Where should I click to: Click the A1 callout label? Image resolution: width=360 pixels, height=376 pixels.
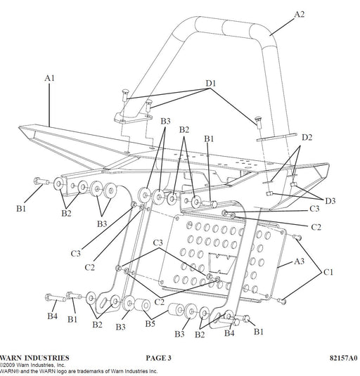50,78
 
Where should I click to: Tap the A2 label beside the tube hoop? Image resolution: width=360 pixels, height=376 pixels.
300,14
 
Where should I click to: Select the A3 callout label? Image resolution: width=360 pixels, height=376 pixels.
300,261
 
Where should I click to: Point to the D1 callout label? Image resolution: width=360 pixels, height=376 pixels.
211,84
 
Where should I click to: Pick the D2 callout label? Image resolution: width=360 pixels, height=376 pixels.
307,138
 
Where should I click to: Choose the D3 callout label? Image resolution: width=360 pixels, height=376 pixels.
330,201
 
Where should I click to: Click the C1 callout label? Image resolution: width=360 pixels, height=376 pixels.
328,272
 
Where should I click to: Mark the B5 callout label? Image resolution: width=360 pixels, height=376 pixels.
150,324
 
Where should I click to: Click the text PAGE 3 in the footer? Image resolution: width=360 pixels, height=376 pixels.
158,358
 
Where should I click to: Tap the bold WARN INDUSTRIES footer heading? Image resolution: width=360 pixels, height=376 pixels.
34,358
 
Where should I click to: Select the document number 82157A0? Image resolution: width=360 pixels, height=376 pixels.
343,358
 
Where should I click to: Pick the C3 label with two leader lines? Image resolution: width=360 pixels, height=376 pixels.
157,243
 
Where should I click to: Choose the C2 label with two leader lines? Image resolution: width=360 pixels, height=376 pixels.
159,302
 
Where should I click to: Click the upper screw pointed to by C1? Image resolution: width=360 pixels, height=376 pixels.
297,238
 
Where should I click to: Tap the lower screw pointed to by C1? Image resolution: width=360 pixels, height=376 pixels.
282,302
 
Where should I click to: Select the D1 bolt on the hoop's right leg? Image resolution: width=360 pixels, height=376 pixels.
259,122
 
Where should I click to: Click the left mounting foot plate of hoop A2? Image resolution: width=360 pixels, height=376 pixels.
133,119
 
